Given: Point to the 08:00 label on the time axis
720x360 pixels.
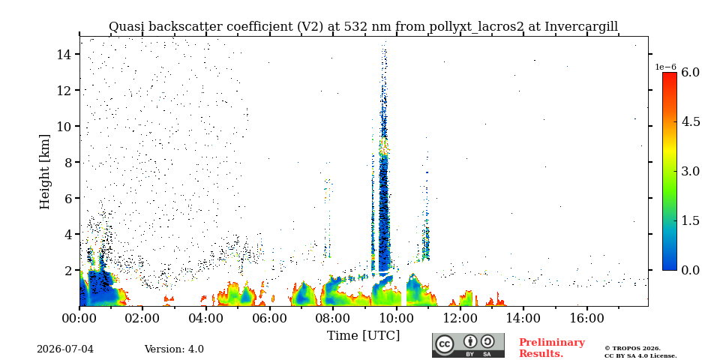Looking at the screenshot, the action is click(333, 317).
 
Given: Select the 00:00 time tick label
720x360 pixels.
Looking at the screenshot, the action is click(79, 317).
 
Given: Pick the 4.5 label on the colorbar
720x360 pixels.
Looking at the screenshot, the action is click(689, 121).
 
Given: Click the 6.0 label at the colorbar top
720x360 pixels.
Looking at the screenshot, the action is click(689, 72).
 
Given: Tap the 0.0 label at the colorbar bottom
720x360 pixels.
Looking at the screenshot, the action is click(689, 270).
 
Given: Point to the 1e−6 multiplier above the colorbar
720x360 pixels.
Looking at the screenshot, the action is click(665, 67).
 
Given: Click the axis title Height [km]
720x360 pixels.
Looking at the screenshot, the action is click(44, 172).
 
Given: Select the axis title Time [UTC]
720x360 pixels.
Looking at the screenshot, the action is click(363, 336).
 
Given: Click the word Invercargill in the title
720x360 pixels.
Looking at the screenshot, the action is click(581, 27).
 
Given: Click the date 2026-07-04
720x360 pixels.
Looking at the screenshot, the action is click(65, 349).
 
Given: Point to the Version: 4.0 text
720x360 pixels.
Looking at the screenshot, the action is click(174, 349).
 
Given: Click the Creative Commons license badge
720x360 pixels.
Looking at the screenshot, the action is click(468, 345).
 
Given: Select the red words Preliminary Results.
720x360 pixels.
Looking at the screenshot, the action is click(552, 348).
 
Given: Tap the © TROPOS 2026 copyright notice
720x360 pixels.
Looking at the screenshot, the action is click(632, 349).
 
